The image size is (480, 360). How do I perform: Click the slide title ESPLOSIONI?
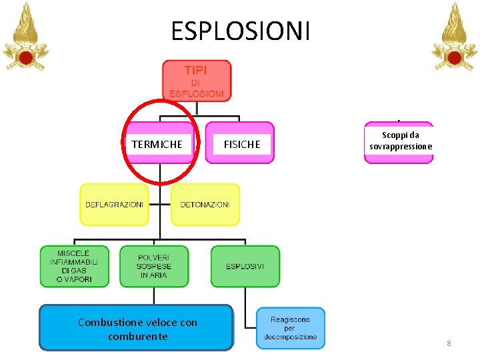click(x=240, y=31)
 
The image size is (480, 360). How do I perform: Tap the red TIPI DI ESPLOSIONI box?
click(x=197, y=81)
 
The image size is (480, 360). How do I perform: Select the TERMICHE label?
click(x=157, y=144)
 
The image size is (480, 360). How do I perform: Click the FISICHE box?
click(x=241, y=144)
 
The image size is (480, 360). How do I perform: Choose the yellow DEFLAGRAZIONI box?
click(x=114, y=205)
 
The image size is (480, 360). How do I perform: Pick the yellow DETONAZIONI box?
click(x=205, y=205)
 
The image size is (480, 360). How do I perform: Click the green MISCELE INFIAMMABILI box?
click(x=73, y=267)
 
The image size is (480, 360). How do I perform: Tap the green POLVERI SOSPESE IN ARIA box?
click(x=154, y=267)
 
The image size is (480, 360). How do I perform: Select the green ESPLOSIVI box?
click(x=245, y=267)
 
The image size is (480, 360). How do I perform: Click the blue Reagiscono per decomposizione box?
click(x=291, y=328)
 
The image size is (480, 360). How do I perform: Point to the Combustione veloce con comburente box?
click(x=137, y=329)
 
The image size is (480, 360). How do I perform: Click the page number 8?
click(x=449, y=343)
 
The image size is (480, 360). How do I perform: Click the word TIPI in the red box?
click(x=196, y=70)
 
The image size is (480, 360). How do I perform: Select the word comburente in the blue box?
click(x=137, y=336)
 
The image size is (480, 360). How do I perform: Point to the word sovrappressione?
click(x=401, y=146)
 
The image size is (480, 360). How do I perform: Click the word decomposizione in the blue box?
click(x=290, y=337)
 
